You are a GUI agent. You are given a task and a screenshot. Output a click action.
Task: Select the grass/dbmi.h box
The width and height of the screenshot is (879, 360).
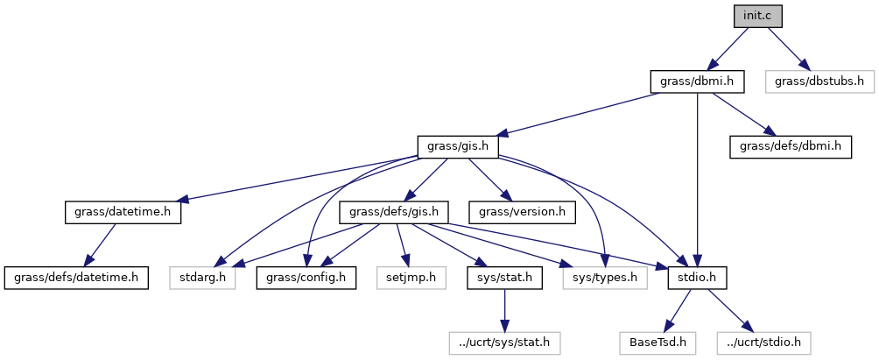click(x=697, y=81)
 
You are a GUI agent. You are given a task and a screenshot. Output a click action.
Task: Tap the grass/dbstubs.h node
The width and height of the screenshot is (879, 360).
click(x=819, y=81)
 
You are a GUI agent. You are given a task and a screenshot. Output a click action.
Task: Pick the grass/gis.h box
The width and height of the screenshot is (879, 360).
click(x=458, y=146)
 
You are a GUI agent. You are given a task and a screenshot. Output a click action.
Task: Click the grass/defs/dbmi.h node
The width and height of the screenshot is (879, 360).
click(x=791, y=146)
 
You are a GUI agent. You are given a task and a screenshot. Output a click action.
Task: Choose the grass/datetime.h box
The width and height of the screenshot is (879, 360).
click(x=123, y=212)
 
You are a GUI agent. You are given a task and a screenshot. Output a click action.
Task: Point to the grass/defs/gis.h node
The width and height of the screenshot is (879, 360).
click(x=399, y=212)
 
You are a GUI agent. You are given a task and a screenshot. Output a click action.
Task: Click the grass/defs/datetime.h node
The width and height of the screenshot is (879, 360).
click(x=75, y=278)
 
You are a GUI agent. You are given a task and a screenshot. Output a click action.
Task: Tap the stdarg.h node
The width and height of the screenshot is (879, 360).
click(x=202, y=278)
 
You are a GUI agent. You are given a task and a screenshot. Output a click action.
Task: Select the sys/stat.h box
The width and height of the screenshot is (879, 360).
click(x=503, y=278)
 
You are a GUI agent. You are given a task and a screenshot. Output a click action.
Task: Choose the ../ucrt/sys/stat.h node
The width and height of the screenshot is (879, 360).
click(x=503, y=342)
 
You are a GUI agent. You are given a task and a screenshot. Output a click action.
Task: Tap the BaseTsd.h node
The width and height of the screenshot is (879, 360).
click(x=652, y=342)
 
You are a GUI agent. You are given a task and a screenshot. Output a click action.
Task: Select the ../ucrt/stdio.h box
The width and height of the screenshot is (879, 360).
click(x=763, y=342)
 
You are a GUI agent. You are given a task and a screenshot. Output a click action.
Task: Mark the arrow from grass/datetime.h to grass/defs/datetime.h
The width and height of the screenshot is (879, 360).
click(x=103, y=244)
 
